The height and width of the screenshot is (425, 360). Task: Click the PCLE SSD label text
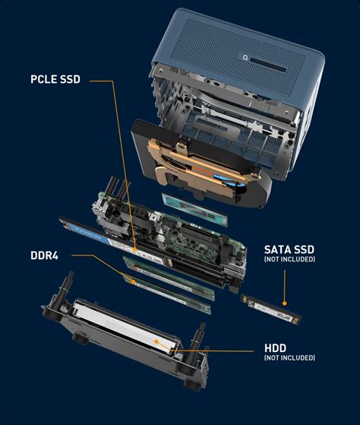tap(55, 79)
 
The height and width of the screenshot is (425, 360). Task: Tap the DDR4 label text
tap(44, 255)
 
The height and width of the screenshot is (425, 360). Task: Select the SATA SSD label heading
tap(289, 249)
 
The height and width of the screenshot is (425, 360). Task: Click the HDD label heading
tap(275, 348)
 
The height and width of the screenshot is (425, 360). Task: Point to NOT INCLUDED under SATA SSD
tap(289, 259)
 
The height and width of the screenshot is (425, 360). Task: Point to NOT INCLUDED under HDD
tap(289, 358)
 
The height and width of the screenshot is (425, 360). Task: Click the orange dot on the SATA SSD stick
tap(284, 303)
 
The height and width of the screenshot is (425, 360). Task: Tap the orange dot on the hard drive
tap(156, 341)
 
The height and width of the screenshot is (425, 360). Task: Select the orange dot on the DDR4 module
tap(133, 282)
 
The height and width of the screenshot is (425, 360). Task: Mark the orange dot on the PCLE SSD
tap(135, 249)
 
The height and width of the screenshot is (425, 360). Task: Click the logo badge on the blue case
tap(245, 58)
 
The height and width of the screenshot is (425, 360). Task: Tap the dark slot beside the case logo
tap(268, 65)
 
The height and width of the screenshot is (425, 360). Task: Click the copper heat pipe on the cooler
tap(201, 163)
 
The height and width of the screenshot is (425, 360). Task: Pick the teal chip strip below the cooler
tap(194, 209)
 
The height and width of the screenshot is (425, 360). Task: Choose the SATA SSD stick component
tap(271, 309)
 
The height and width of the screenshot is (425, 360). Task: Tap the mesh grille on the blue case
tap(238, 54)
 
